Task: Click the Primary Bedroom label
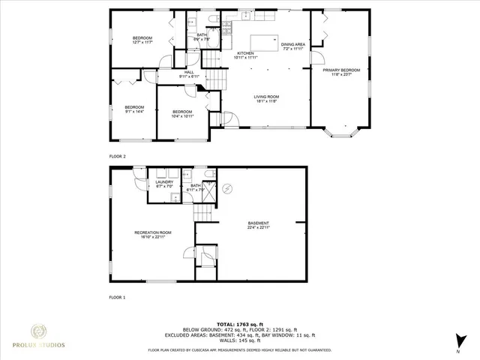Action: [341, 72]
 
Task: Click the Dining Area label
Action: [293, 47]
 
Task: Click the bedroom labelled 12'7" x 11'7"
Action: [142, 40]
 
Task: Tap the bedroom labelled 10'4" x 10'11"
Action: [182, 114]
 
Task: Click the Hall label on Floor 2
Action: [188, 74]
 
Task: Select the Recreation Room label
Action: [153, 235]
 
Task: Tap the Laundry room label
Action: [164, 184]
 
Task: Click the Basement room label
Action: [259, 225]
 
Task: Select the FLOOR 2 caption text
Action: [118, 156]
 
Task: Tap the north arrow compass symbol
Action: [457, 342]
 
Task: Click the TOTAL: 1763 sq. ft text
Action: [238, 322]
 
